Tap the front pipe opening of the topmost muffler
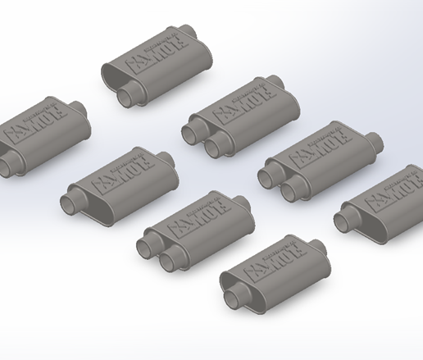coord(127,98)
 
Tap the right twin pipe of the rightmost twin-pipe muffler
coord(292,190)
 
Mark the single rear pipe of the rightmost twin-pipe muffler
coord(375,144)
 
